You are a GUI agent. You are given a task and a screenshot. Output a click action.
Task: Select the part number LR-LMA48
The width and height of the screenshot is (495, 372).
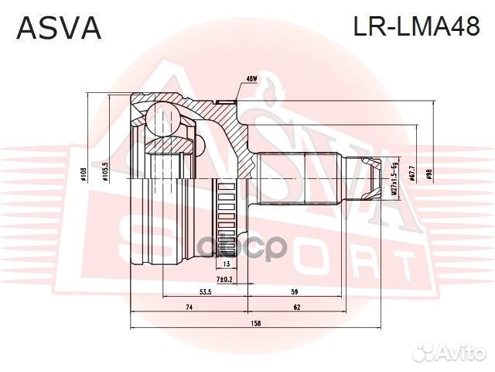coord(417,28)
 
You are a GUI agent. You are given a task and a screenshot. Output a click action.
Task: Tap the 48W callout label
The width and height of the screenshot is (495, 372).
coord(251,78)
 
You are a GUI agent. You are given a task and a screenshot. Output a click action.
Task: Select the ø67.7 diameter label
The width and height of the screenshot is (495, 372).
coord(411,173)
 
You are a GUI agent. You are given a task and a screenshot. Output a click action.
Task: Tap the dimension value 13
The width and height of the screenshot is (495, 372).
coord(226,264)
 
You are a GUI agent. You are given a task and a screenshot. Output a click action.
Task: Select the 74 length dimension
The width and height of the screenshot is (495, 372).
coord(188,308)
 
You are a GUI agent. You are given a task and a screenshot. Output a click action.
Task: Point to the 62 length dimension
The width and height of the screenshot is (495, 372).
coord(296,308)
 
